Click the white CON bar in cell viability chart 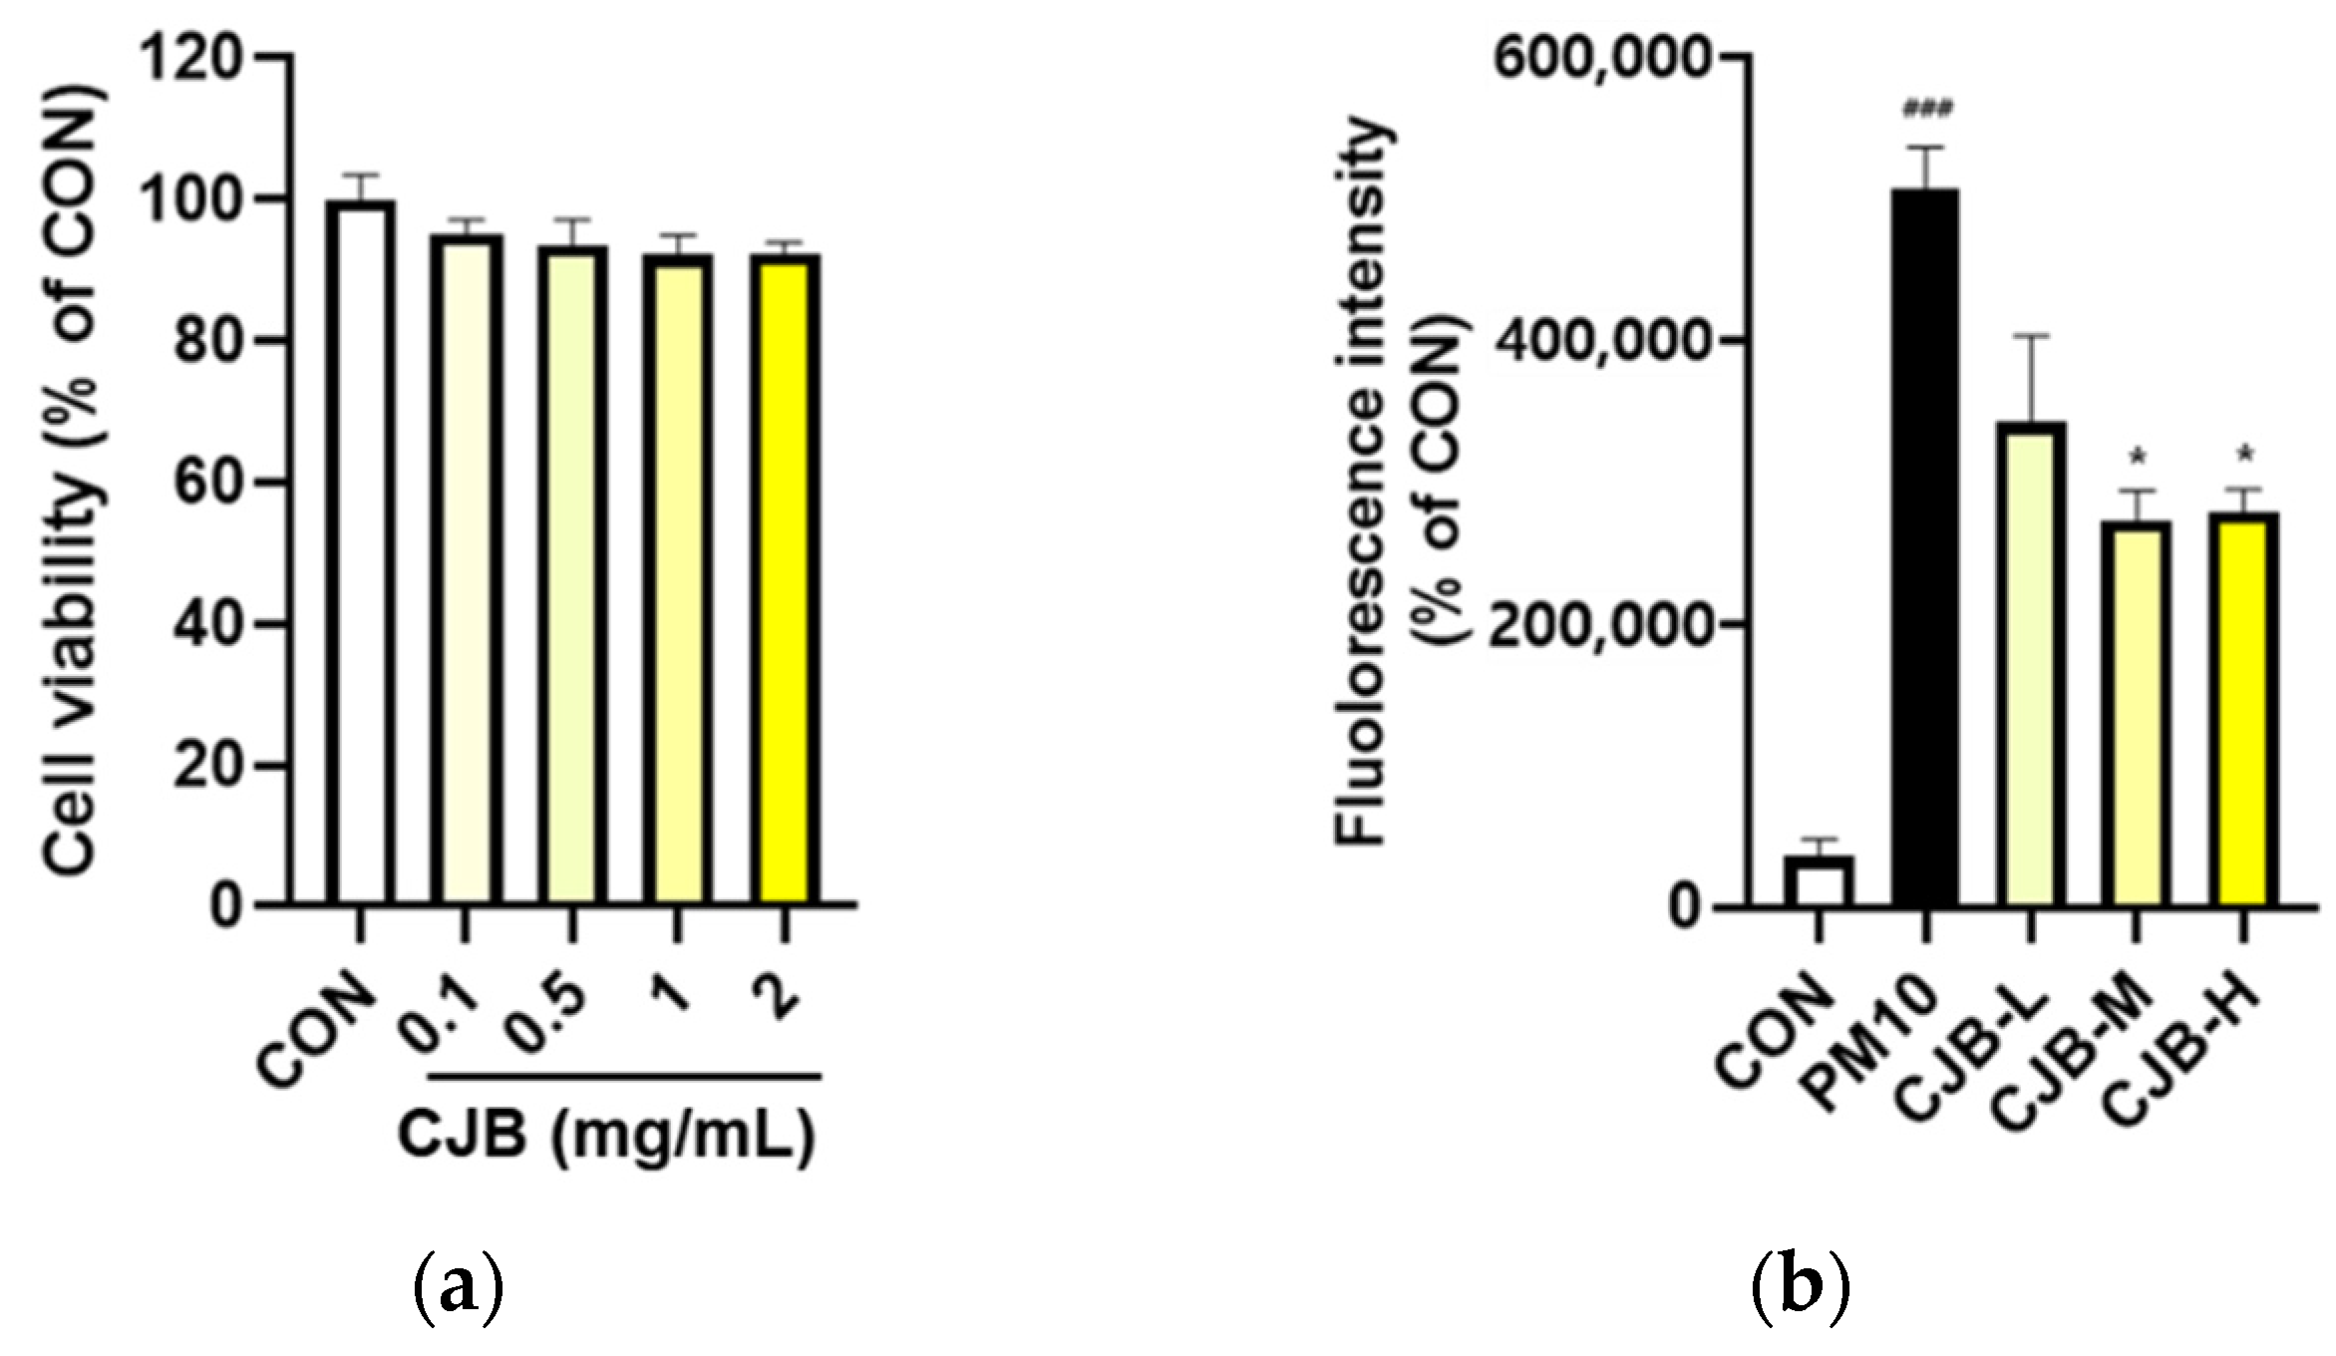(360, 553)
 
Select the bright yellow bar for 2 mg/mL (786, 578)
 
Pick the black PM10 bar (1925, 548)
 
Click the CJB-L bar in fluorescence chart (2031, 664)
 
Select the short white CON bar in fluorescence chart (1819, 881)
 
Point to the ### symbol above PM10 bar (1926, 109)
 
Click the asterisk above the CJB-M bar (2137, 459)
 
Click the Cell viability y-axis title (75, 479)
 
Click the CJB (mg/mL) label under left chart (606, 1137)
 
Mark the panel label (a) (458, 1290)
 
